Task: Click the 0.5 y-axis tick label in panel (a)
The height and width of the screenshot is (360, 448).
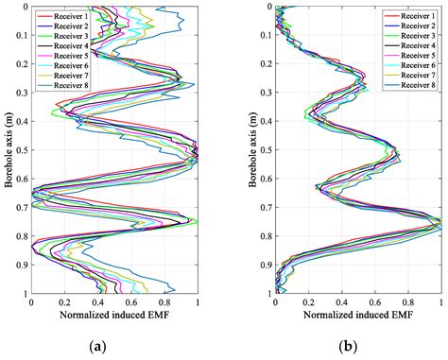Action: (x=21, y=150)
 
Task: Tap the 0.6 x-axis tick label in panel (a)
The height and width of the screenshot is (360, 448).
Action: (x=131, y=302)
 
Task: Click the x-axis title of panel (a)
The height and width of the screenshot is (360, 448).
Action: (x=114, y=315)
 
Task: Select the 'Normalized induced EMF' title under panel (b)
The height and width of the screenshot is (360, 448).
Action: (x=358, y=315)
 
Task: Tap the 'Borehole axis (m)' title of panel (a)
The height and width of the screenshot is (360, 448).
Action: (x=8, y=150)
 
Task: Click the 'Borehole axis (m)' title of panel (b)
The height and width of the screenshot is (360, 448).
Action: (x=252, y=150)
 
